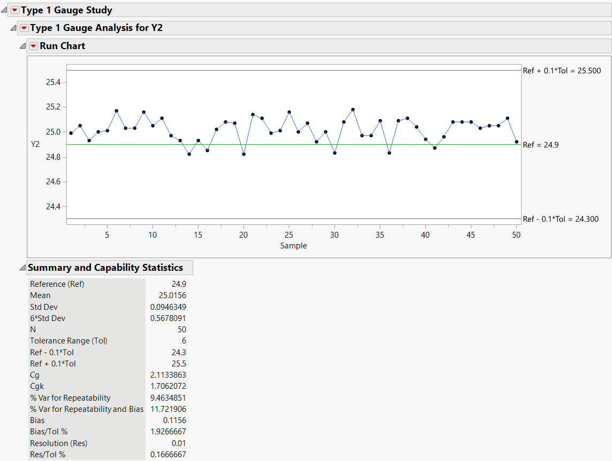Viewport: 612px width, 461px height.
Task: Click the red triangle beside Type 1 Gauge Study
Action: click(x=14, y=10)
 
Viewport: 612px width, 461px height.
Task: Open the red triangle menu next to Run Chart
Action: click(x=34, y=46)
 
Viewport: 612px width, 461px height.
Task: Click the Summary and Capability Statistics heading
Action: click(x=105, y=268)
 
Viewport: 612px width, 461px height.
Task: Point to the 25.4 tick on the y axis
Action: click(x=53, y=82)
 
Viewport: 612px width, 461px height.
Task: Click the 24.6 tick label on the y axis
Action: click(x=53, y=182)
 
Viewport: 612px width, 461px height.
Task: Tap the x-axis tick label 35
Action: click(x=380, y=235)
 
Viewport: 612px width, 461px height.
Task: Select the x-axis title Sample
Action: click(x=294, y=246)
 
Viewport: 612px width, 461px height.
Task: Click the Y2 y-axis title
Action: click(x=35, y=144)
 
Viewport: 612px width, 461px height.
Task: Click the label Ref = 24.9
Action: click(x=540, y=145)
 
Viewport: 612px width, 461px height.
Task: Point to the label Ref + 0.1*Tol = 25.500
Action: click(x=562, y=71)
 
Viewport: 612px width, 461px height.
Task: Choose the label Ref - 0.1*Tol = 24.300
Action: click(x=561, y=219)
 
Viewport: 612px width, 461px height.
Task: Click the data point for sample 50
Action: click(x=516, y=142)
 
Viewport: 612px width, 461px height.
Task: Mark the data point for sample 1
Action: click(x=71, y=133)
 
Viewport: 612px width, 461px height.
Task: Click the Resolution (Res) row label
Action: click(x=58, y=443)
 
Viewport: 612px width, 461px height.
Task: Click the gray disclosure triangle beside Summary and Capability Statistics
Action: click(x=22, y=268)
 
